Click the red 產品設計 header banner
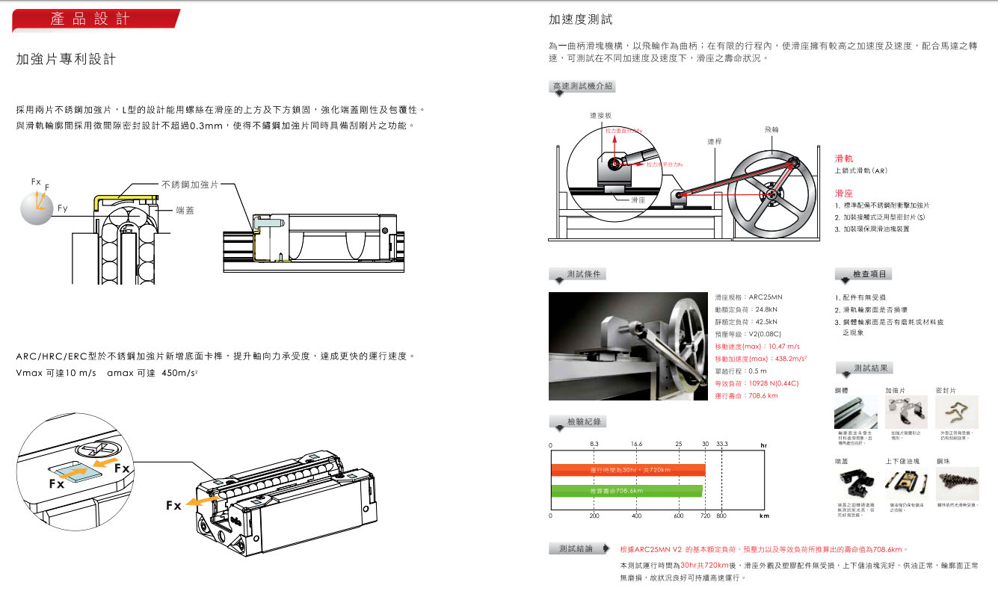(95, 20)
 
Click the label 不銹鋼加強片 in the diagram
(190, 184)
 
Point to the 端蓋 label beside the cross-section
(185, 211)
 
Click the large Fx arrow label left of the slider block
(173, 506)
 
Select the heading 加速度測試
(580, 19)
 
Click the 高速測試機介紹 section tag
(582, 86)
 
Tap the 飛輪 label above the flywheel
(771, 129)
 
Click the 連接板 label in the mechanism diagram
(601, 116)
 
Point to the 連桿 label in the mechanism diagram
(715, 141)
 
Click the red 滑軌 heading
(843, 158)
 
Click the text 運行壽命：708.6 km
(746, 396)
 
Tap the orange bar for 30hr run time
(628, 470)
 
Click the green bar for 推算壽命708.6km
(626, 491)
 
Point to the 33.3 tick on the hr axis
(721, 445)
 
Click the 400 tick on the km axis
(636, 516)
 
